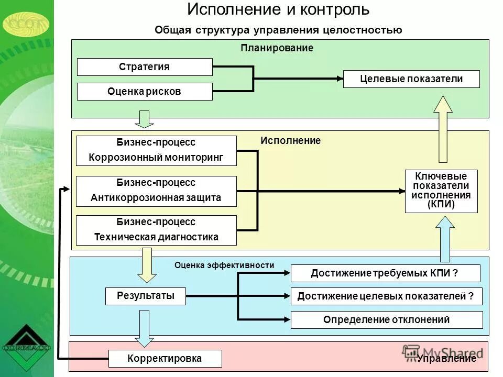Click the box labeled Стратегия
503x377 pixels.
pyautogui.click(x=145, y=67)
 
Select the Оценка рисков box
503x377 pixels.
pyautogui.click(x=145, y=92)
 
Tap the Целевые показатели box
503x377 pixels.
pyautogui.click(x=411, y=79)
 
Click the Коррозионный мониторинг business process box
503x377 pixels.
pyautogui.click(x=156, y=151)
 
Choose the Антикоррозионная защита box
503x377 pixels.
pyautogui.click(x=156, y=191)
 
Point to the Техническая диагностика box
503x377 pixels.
pyautogui.click(x=156, y=230)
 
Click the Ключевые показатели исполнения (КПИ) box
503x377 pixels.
pyautogui.click(x=441, y=191)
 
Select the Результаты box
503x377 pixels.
pyautogui.click(x=146, y=296)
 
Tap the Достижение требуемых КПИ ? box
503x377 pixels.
pyautogui.click(x=385, y=273)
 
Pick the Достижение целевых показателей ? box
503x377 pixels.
pyautogui.click(x=386, y=296)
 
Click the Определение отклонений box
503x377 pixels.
pyautogui.click(x=386, y=320)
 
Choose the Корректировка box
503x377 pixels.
pyautogui.click(x=165, y=359)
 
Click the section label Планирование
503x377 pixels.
pyautogui.click(x=277, y=48)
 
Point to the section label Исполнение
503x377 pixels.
pyautogui.click(x=290, y=141)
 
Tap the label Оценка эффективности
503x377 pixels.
pyautogui.click(x=224, y=265)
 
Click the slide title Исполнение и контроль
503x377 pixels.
pyautogui.click(x=278, y=9)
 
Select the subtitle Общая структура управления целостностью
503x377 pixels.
pyautogui.click(x=278, y=30)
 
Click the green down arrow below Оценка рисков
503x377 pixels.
pyautogui.click(x=144, y=119)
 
